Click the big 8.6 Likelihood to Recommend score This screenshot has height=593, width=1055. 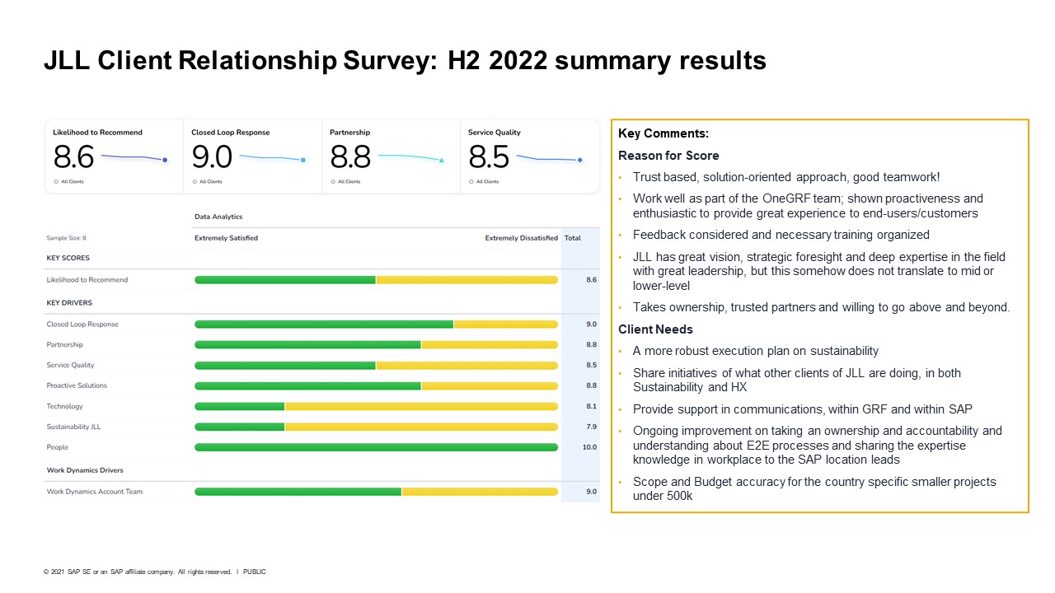[74, 156]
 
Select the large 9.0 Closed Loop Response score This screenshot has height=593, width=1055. [212, 156]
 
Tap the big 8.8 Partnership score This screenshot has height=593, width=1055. [350, 156]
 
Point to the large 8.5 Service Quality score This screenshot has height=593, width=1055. [489, 156]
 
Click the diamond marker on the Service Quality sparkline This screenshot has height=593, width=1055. [580, 160]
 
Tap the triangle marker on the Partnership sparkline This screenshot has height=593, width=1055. [442, 160]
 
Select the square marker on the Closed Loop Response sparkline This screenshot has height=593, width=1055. [303, 160]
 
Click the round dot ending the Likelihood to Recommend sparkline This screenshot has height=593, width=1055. [165, 160]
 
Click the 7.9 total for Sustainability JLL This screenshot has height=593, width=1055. [591, 426]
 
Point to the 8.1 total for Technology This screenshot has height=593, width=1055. [591, 406]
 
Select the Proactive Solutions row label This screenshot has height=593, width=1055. [77, 385]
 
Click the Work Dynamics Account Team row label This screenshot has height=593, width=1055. [94, 492]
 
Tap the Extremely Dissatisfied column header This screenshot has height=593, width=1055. [521, 238]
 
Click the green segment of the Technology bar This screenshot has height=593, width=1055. [239, 406]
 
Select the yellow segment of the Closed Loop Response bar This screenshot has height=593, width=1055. [505, 325]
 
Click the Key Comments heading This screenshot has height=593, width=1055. [663, 134]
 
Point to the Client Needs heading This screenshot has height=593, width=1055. [655, 329]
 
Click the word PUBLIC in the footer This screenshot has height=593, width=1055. [255, 572]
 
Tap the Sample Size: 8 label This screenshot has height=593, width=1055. [66, 238]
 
